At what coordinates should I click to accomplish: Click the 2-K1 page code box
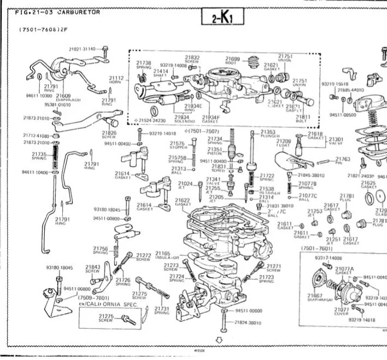click(220, 18)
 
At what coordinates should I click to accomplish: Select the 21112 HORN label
click(116, 80)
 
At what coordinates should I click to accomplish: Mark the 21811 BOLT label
click(303, 119)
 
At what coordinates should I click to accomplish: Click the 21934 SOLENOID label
click(182, 119)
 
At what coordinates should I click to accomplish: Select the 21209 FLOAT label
click(284, 143)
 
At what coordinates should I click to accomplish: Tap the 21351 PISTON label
click(215, 151)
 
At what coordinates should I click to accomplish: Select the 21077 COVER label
click(342, 311)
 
